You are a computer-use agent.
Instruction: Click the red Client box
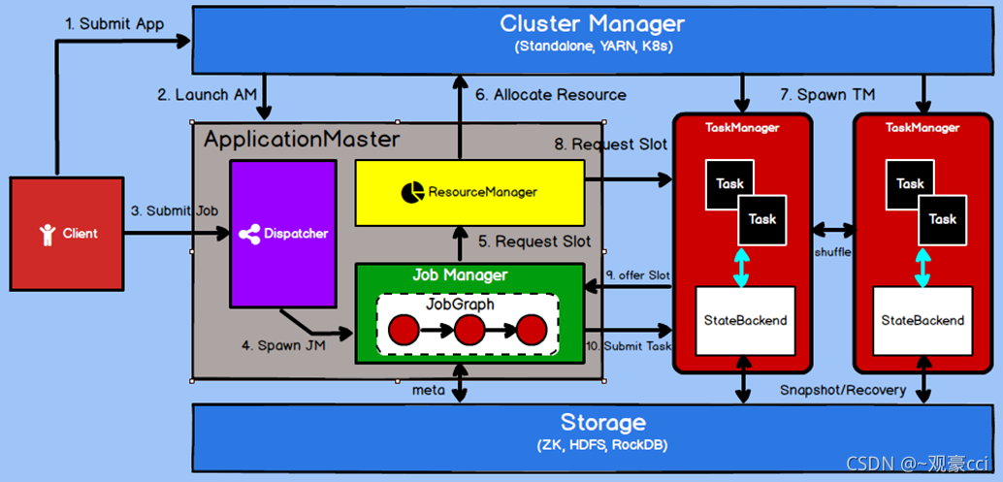point(67,233)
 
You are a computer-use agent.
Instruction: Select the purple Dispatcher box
point(283,234)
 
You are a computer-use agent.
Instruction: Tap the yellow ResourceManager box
point(469,191)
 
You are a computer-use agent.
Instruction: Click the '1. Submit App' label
point(115,24)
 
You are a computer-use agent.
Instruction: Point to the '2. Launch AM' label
point(207,95)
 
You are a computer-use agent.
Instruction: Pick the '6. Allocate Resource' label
point(550,95)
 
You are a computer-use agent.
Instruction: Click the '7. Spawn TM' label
point(827,95)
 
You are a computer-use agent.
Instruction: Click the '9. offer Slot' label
point(635,276)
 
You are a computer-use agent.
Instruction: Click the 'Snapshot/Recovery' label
point(842,390)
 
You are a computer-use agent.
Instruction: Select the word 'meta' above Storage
point(428,390)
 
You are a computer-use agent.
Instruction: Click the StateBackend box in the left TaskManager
point(746,320)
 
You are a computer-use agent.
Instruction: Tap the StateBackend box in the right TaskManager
point(922,320)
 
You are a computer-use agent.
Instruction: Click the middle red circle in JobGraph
point(469,331)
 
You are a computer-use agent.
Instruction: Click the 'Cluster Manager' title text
point(592,23)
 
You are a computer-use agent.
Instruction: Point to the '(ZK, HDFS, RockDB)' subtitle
point(601,445)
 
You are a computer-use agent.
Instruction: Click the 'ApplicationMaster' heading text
point(302,140)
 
